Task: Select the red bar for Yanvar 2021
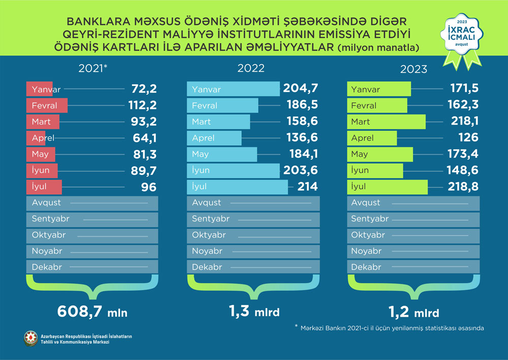tap(39, 89)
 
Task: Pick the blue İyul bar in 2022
tap(237, 187)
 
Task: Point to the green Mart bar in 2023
tap(386, 122)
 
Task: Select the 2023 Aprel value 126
tap(468, 138)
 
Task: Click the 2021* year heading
tap(94, 68)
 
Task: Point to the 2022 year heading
tap(251, 68)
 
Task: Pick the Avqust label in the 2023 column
tap(366, 202)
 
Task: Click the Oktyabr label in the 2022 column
tap(209, 235)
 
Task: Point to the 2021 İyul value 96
tap(148, 187)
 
